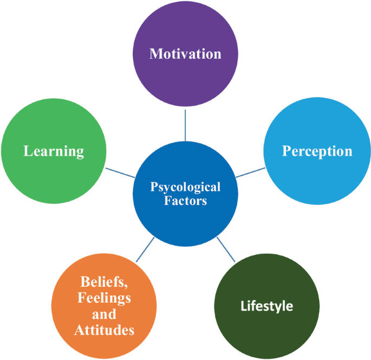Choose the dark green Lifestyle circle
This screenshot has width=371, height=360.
266,320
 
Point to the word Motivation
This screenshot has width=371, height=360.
185,54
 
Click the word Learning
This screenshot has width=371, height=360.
54,151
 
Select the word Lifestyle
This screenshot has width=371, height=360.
266,306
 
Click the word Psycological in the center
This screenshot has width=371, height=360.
185,187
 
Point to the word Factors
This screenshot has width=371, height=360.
185,201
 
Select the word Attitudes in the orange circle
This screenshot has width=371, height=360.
105,329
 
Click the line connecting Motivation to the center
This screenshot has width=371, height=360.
185,125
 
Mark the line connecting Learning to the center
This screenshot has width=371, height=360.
120,172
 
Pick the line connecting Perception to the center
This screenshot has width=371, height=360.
250,172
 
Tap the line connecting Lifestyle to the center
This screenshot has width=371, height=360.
226,250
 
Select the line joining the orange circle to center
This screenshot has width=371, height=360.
145,250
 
